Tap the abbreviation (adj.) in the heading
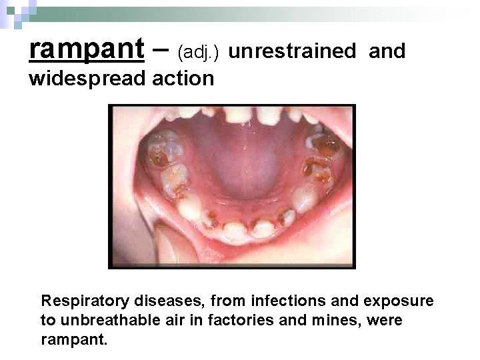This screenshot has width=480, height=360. point(203,52)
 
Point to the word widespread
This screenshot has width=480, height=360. point(88,79)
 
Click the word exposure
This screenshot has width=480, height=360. point(401,301)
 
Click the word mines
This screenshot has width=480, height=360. point(335,320)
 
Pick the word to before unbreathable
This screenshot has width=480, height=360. point(47,320)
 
